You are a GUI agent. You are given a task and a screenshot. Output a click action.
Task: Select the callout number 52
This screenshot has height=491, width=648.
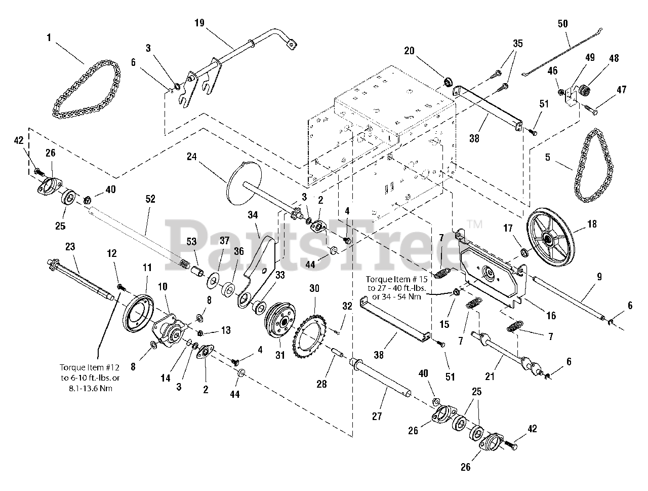150,199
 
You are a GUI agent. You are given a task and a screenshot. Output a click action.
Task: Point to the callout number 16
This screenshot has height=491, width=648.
551,316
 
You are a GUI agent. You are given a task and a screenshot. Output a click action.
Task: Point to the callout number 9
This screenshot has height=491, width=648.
599,277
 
